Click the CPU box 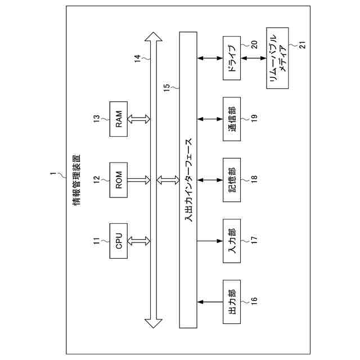[119, 241]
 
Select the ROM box [119, 179]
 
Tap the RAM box [119, 119]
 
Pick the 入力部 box [232, 241]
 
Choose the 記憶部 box [232, 179]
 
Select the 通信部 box [232, 119]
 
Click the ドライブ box [232, 57]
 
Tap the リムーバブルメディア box [278, 57]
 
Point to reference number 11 [96, 241]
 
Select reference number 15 [167, 88]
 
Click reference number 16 [254, 301]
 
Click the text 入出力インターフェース [188, 180]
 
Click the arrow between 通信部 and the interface [210, 119]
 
